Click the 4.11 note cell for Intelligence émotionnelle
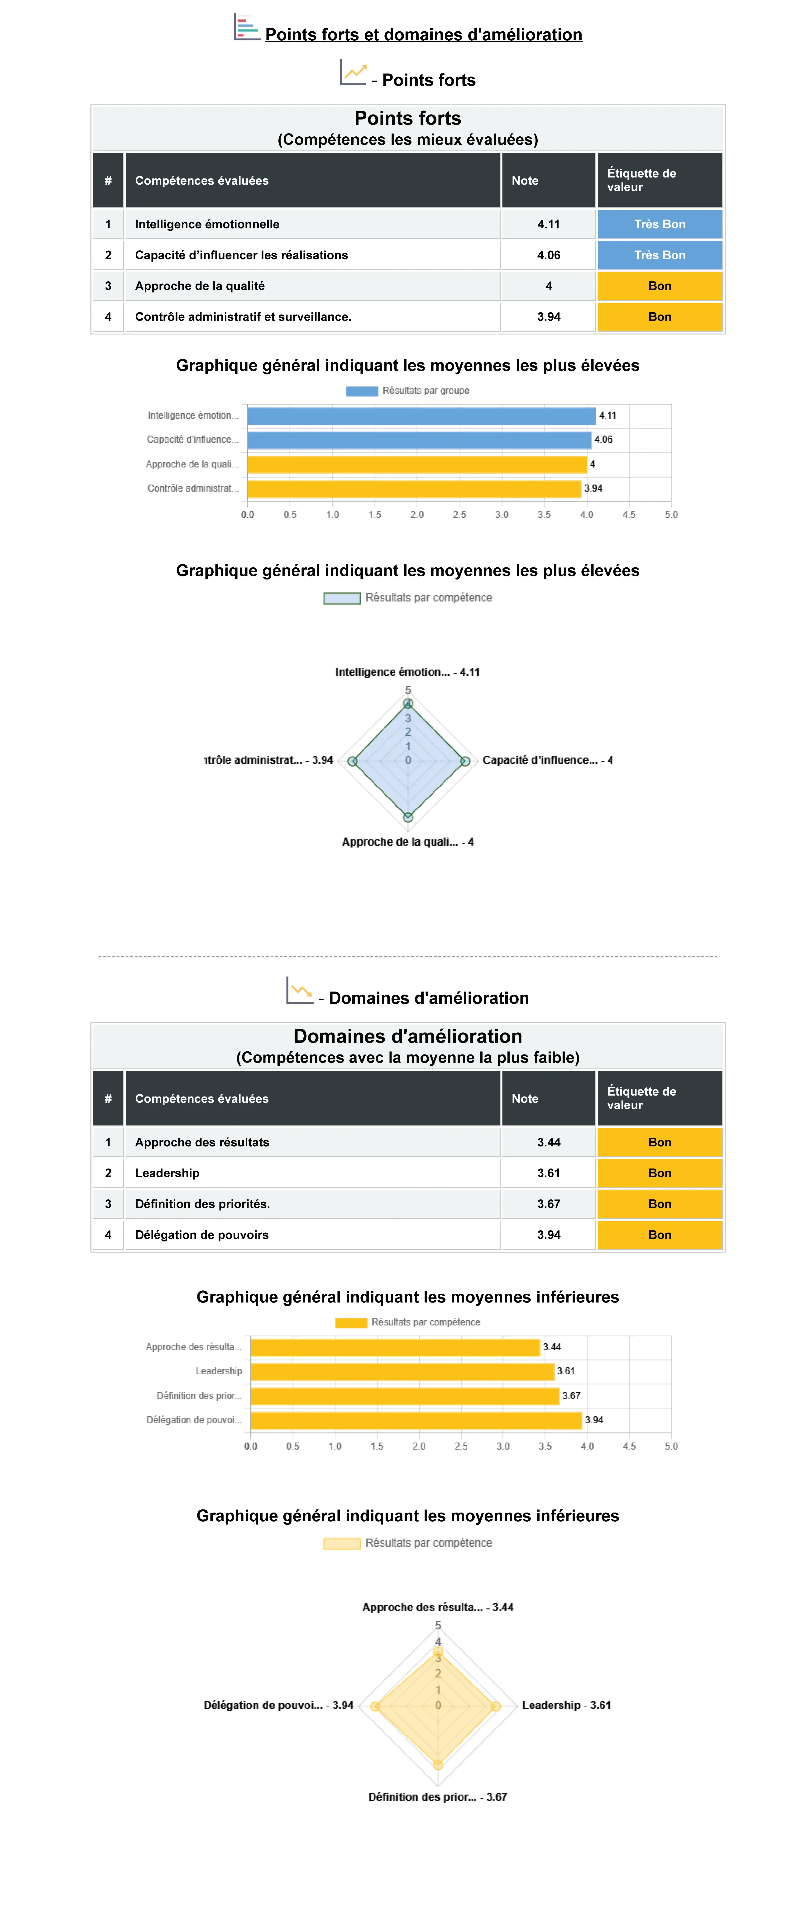[x=548, y=224]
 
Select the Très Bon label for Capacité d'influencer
[x=659, y=255]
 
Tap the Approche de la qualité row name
[x=200, y=285]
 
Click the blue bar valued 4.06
[x=419, y=440]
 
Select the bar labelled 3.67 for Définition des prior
[x=404, y=1396]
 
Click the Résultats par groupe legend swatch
[x=362, y=390]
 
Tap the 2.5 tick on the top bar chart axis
[x=459, y=515]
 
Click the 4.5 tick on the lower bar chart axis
[x=629, y=1446]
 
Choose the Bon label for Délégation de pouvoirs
[x=659, y=1235]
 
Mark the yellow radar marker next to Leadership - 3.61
[x=495, y=1706]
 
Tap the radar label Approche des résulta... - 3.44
[x=437, y=1607]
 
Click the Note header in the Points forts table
[x=525, y=181]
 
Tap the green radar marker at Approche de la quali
[x=408, y=817]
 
